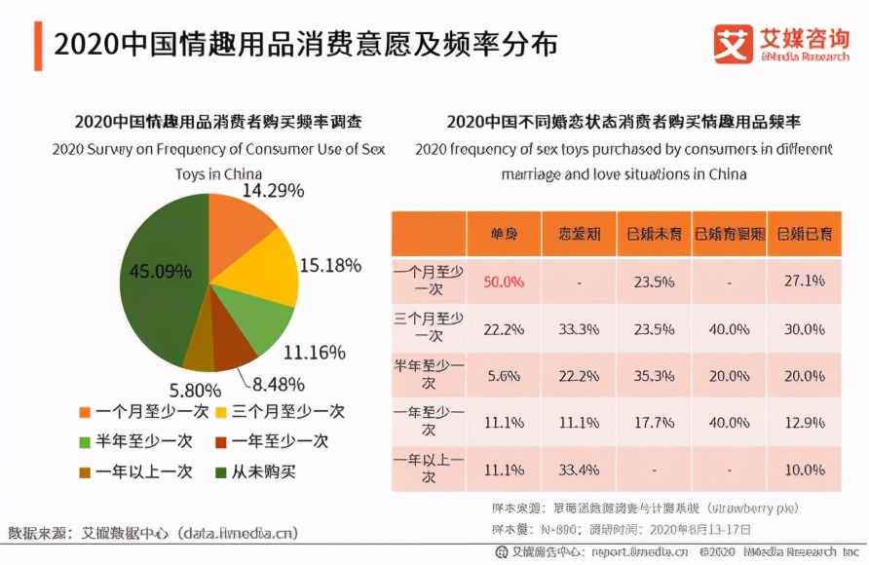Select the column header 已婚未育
(653, 234)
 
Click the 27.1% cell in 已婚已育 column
(804, 282)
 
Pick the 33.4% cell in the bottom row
(578, 471)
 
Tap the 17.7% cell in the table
(653, 423)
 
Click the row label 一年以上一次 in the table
(429, 471)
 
